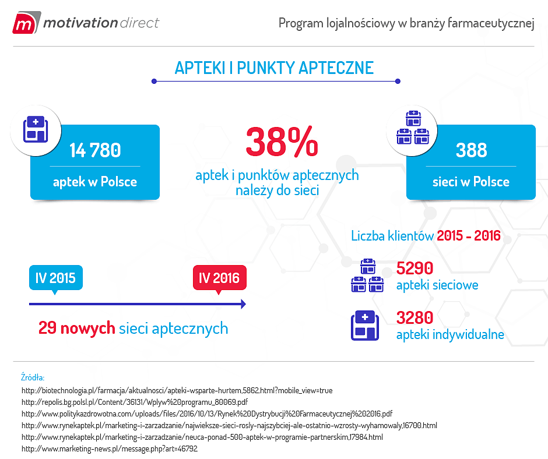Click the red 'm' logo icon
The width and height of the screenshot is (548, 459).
pyautogui.click(x=24, y=23)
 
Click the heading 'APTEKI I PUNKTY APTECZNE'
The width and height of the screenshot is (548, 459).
pyautogui.click(x=274, y=68)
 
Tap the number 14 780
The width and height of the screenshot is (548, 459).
pyautogui.click(x=95, y=150)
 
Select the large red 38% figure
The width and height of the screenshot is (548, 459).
pyautogui.click(x=282, y=142)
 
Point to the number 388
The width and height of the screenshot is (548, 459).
pyautogui.click(x=471, y=150)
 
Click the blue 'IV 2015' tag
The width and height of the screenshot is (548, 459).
pyautogui.click(x=55, y=278)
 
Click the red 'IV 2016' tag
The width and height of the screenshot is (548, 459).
pyautogui.click(x=219, y=278)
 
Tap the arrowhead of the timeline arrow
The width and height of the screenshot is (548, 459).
pyautogui.click(x=243, y=304)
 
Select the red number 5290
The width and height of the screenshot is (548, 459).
pyautogui.click(x=414, y=268)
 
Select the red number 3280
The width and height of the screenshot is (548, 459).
pyautogui.click(x=414, y=318)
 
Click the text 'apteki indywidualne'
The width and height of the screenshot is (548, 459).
pyautogui.click(x=449, y=335)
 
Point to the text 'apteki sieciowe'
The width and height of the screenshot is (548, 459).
pyautogui.click(x=437, y=285)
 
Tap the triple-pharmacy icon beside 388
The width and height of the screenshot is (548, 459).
pyautogui.click(x=412, y=128)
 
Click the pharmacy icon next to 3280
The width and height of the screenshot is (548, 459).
pyautogui.click(x=365, y=326)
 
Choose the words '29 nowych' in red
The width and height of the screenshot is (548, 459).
pyautogui.click(x=76, y=328)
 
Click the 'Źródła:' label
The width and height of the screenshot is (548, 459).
pyautogui.click(x=33, y=377)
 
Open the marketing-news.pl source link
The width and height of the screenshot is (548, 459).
pyautogui.click(x=109, y=449)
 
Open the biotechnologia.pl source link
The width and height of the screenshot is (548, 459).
pyautogui.click(x=177, y=390)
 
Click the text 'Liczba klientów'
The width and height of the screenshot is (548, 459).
pyautogui.click(x=392, y=236)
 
